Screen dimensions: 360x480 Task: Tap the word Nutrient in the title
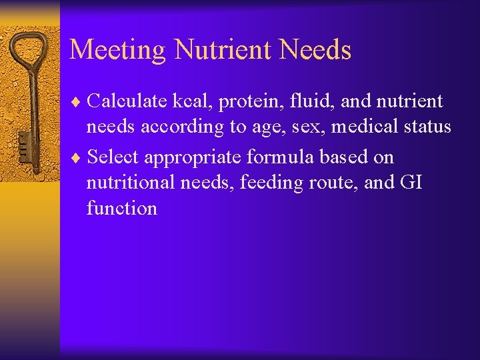pos(213,49)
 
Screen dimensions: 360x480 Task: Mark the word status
pos(427,127)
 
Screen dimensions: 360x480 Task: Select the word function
pos(122,208)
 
